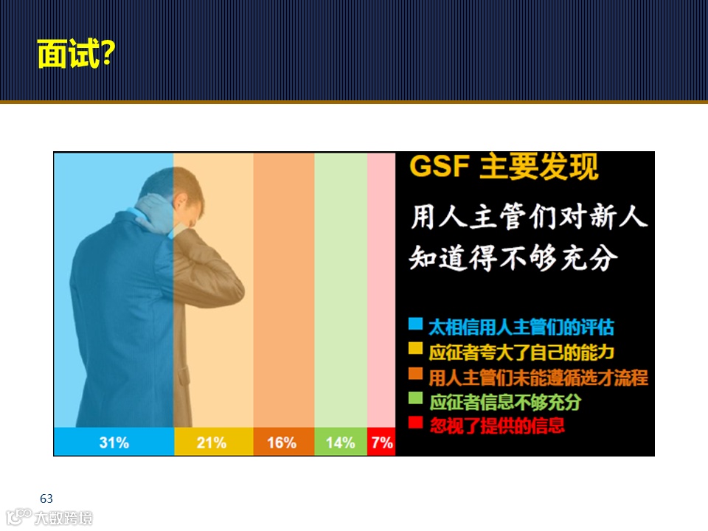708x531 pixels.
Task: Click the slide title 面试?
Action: (x=74, y=53)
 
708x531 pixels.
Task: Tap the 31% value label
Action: (x=114, y=442)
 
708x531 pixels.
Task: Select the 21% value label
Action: (x=212, y=442)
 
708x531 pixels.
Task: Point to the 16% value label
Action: (x=282, y=442)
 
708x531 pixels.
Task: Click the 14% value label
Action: (x=340, y=442)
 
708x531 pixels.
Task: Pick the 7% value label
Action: (x=382, y=442)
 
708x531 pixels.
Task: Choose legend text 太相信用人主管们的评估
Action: (x=521, y=326)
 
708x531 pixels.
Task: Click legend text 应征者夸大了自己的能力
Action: (x=521, y=351)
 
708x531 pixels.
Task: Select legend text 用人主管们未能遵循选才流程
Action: (x=538, y=377)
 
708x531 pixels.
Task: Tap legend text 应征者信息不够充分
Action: (x=505, y=402)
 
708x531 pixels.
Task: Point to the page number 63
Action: (x=46, y=499)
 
